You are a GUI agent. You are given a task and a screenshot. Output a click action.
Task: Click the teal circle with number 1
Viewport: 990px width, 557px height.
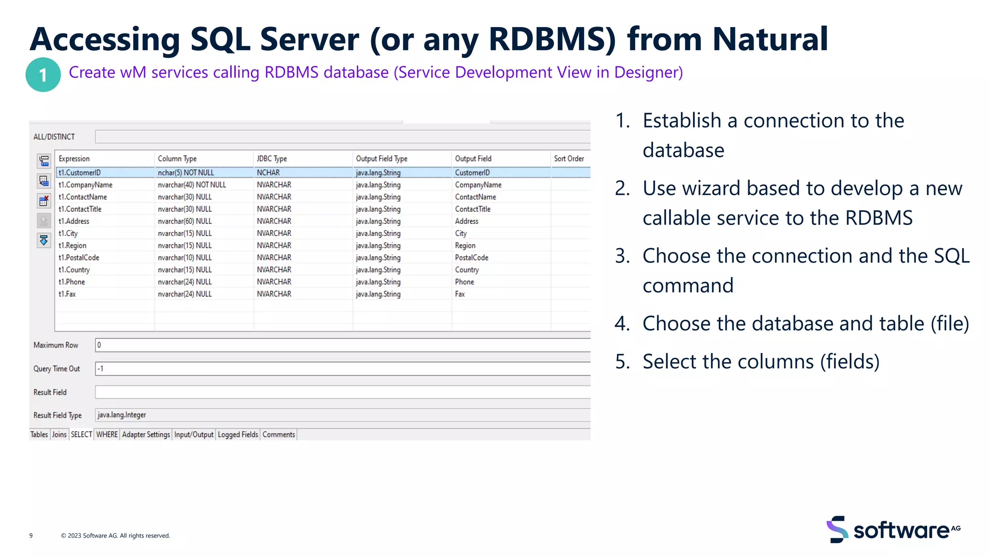[43, 75]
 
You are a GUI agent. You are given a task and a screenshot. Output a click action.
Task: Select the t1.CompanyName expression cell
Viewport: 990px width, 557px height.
[86, 185]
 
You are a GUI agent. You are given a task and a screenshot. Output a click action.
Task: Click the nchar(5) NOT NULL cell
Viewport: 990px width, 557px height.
[186, 173]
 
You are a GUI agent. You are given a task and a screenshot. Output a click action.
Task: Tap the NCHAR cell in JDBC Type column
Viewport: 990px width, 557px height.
[268, 173]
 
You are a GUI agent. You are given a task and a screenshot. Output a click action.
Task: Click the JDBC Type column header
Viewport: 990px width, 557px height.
[272, 159]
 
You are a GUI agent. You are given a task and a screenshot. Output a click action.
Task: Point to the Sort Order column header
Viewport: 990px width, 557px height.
[569, 159]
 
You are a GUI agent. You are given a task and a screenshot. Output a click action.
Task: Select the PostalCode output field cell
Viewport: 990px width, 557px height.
[471, 258]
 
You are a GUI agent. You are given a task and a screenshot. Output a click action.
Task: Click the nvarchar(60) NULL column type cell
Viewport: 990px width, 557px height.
[185, 221]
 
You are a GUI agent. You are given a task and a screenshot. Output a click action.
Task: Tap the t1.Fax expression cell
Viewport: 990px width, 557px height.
[67, 294]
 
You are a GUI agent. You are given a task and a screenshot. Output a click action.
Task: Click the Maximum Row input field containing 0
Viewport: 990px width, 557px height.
[338, 345]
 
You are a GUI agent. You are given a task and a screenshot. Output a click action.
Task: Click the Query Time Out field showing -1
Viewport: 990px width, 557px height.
[338, 369]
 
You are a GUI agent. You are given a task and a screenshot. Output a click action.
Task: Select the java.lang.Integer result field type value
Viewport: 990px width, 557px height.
[122, 415]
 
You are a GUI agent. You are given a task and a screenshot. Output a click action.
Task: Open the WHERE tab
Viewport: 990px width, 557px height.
[107, 435]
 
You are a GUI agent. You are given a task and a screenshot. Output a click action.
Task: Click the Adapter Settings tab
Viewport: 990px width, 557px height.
[146, 435]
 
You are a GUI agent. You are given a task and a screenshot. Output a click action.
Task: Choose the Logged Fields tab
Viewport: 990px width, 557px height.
[238, 435]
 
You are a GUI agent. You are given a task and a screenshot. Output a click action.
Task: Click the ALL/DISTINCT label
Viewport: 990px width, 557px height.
[54, 137]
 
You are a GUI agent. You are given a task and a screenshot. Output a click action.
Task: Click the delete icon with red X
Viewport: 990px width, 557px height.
[44, 201]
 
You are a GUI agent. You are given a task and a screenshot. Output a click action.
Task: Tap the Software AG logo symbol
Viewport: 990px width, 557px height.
[837, 529]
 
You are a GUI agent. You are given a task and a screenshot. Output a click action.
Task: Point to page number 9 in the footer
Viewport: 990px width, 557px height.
[31, 536]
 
